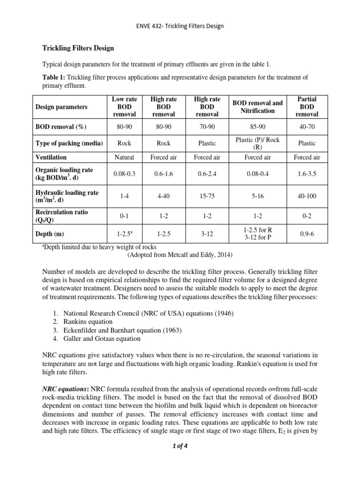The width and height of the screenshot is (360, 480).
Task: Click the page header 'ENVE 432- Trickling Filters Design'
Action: point(180,26)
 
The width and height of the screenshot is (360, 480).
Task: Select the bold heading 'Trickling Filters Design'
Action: point(75,48)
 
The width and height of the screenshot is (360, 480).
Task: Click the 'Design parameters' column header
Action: point(61,107)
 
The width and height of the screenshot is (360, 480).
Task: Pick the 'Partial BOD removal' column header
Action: point(307,106)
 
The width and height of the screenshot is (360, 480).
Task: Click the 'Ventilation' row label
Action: point(51,157)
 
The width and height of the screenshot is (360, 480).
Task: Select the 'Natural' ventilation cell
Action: point(124,157)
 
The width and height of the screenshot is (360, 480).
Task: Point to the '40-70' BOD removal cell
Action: point(307,127)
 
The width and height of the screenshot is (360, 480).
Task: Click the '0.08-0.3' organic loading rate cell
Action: point(124,173)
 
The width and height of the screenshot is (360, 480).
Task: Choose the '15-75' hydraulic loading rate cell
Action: point(207,197)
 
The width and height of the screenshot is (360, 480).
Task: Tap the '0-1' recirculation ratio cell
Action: point(124,217)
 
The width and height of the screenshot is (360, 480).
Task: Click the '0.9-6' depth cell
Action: point(307,234)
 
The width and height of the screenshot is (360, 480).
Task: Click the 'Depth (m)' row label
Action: point(50,234)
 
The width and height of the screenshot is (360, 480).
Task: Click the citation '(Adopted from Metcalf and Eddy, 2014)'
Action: point(180,255)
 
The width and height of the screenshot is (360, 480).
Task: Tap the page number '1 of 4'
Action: point(180,446)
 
